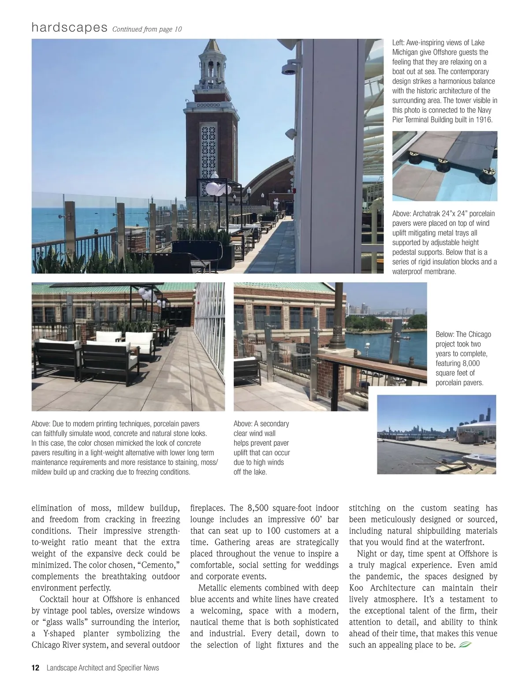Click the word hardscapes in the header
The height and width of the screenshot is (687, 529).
click(x=69, y=28)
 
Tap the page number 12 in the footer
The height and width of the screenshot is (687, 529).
click(x=35, y=668)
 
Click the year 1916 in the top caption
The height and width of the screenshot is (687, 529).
click(x=484, y=120)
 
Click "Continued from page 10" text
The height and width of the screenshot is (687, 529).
click(x=147, y=29)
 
